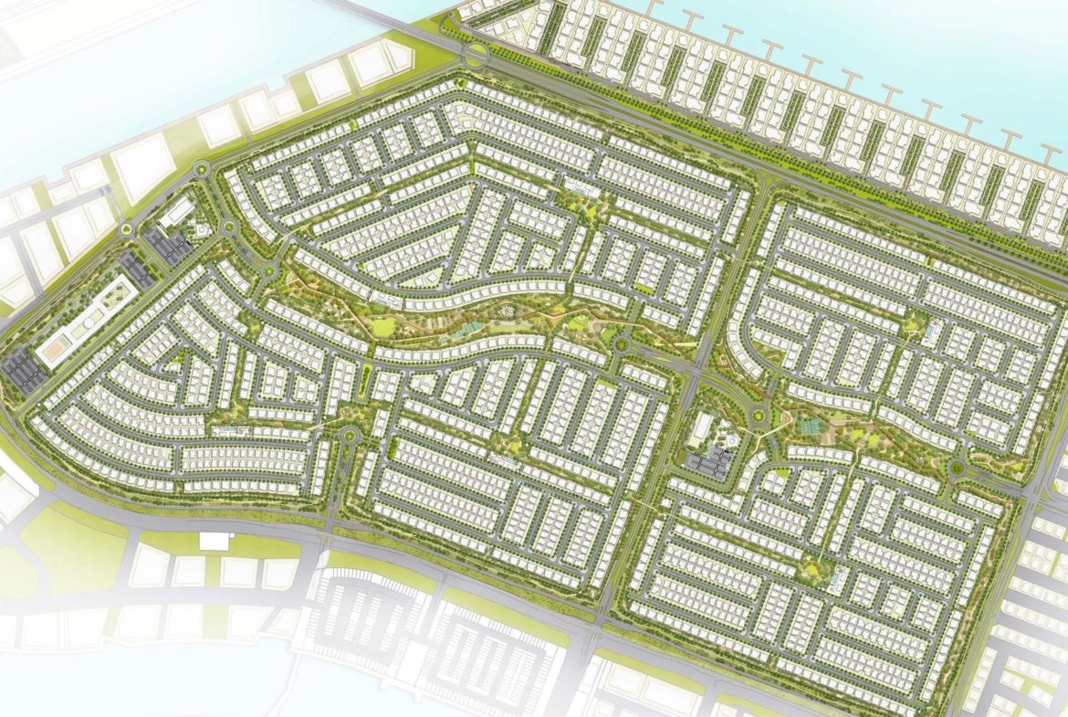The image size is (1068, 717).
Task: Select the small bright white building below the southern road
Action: coord(216,541)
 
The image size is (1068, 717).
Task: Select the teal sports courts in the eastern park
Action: coord(806,424)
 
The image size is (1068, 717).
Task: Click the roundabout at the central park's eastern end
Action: coord(623,344)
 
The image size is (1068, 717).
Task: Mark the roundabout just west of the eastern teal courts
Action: coord(757,418)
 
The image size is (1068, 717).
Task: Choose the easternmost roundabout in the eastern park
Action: coord(956,469)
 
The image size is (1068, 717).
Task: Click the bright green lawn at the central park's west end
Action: coord(382,324)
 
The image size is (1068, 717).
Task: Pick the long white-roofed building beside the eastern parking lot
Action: coord(703,428)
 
